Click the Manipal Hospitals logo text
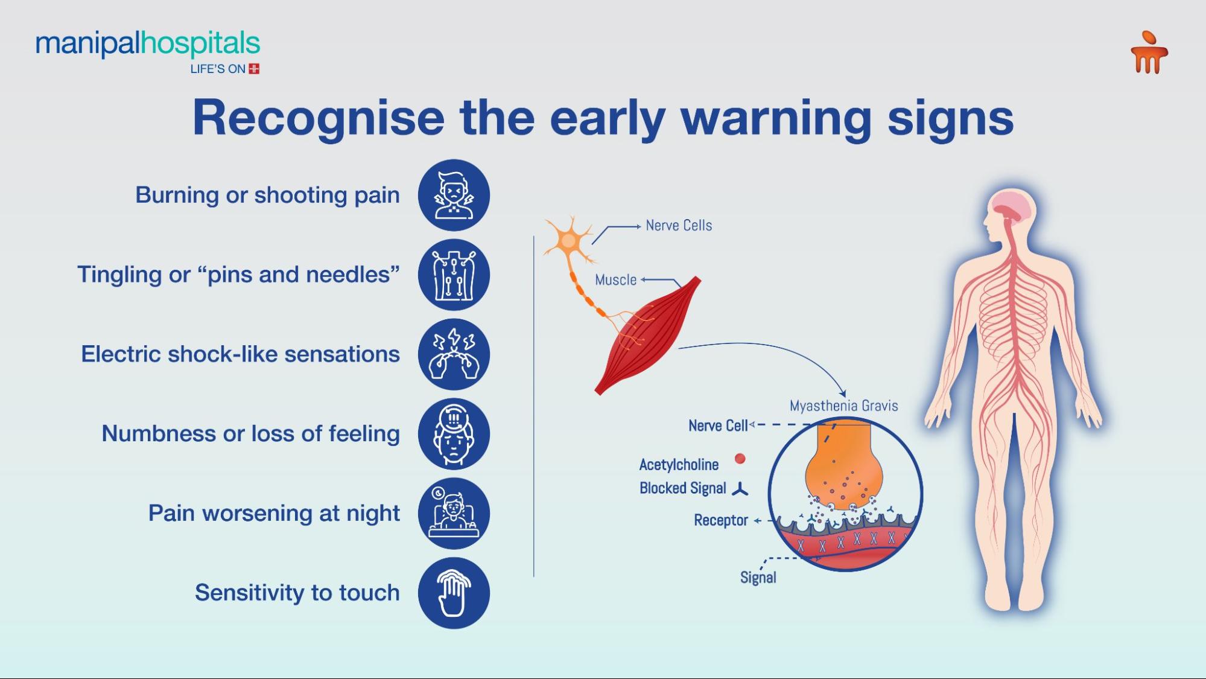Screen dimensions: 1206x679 pos(148,44)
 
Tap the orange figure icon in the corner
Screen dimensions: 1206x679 pos(1149,53)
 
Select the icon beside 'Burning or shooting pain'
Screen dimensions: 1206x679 pos(454,195)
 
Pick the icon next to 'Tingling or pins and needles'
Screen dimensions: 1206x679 pos(454,275)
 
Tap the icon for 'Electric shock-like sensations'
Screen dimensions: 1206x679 pos(454,354)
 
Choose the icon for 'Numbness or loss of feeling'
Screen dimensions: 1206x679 pos(454,434)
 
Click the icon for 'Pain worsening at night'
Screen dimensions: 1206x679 pos(454,514)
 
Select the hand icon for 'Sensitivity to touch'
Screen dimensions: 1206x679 pos(454,593)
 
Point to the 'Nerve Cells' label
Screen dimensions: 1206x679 pos(679,226)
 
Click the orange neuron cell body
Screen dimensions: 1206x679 pos(568,240)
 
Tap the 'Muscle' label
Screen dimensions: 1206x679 pos(615,280)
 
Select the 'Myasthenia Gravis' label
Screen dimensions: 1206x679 pos(843,406)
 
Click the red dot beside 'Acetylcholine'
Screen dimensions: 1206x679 pos(740,459)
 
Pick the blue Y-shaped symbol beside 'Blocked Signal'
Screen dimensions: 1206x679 pos(740,489)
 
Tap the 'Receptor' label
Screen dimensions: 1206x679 pos(720,520)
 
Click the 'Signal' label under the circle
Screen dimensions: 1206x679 pos(758,578)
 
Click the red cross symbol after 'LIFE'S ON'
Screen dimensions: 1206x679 pos(254,69)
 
